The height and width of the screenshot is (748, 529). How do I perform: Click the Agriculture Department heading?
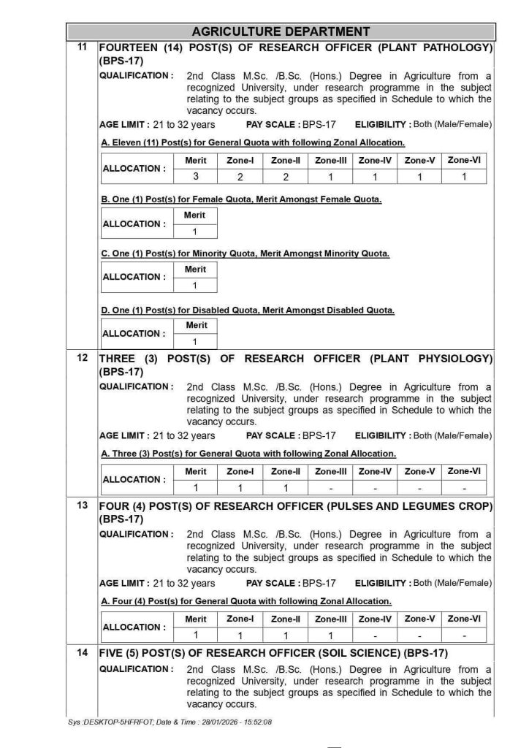pos(281,31)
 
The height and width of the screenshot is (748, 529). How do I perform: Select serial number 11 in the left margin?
pos(83,47)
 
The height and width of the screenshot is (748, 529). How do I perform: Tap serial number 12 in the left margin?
pos(83,358)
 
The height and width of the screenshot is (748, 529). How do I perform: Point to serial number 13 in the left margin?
pos(83,505)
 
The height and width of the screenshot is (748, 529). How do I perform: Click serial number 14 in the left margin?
pos(83,653)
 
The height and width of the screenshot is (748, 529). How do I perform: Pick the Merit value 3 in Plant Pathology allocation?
pos(196,177)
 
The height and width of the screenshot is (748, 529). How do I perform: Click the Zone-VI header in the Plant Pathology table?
pos(464,160)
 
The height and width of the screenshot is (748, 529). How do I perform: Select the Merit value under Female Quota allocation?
pos(195,232)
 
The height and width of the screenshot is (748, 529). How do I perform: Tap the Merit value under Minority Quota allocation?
pos(195,286)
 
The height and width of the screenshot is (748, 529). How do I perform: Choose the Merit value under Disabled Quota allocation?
pos(195,341)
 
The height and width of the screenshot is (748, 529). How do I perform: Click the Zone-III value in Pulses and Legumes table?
pos(330,636)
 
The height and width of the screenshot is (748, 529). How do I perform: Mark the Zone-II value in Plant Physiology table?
pos(285,488)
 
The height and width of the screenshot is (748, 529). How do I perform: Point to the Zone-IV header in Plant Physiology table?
pos(375,472)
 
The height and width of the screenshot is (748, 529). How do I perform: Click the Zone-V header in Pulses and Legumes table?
pos(419,619)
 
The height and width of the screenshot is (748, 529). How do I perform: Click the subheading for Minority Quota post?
pos(246,253)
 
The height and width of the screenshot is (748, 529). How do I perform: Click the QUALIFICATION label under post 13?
pos(137,535)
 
